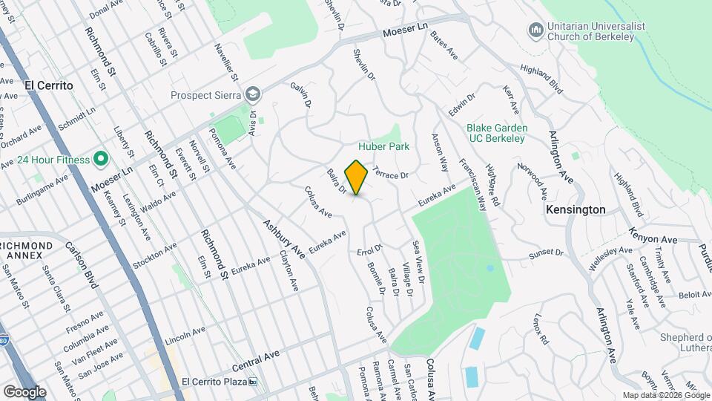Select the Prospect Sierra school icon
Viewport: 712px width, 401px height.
tap(254, 94)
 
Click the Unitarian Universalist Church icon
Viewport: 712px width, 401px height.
tap(535, 30)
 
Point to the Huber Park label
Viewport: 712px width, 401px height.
tap(383, 146)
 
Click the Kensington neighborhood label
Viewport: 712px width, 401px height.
tap(576, 210)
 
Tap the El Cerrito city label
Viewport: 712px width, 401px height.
tap(49, 85)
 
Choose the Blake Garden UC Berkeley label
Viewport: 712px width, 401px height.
tap(495, 132)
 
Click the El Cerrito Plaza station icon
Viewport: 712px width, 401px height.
tap(253, 382)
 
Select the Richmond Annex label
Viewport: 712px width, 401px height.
tap(27, 251)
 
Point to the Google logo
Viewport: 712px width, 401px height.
tap(24, 391)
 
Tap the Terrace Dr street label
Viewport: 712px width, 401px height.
tap(391, 172)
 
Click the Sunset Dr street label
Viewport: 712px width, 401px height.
tap(546, 254)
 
